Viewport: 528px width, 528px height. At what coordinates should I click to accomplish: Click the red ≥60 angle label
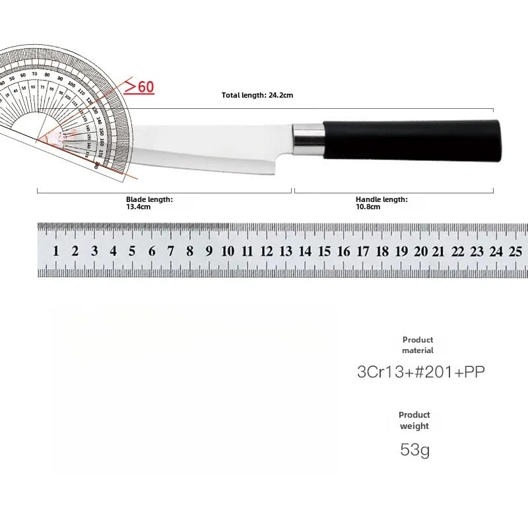pyautogui.click(x=139, y=86)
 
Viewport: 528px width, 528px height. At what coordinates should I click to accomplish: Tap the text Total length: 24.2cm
pyautogui.click(x=257, y=95)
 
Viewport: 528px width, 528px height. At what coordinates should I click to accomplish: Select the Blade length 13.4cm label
pyautogui.click(x=149, y=203)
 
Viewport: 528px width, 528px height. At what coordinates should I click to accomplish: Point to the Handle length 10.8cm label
pyautogui.click(x=381, y=203)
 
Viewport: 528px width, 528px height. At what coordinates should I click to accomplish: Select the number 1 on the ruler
pyautogui.click(x=56, y=251)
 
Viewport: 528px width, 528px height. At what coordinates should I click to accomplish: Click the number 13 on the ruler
pyautogui.click(x=286, y=251)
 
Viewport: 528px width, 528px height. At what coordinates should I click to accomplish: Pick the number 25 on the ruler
pyautogui.click(x=515, y=251)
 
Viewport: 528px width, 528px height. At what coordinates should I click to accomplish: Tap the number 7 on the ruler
pyautogui.click(x=171, y=251)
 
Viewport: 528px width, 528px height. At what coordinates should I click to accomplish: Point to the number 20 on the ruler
pyautogui.click(x=420, y=251)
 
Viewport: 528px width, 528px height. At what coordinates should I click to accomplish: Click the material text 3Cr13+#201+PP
pyautogui.click(x=420, y=372)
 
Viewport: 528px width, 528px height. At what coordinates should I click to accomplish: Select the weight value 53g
pyautogui.click(x=414, y=451)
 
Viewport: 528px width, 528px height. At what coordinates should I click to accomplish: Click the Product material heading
pyautogui.click(x=418, y=345)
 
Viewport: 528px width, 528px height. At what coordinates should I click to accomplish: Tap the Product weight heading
pyautogui.click(x=414, y=420)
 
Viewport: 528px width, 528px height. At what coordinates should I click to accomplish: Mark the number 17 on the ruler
pyautogui.click(x=363, y=251)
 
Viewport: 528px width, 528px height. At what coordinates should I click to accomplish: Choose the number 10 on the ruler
pyautogui.click(x=228, y=251)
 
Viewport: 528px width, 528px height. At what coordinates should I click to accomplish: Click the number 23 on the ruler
pyautogui.click(x=477, y=251)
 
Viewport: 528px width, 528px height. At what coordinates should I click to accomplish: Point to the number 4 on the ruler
pyautogui.click(x=113, y=251)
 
